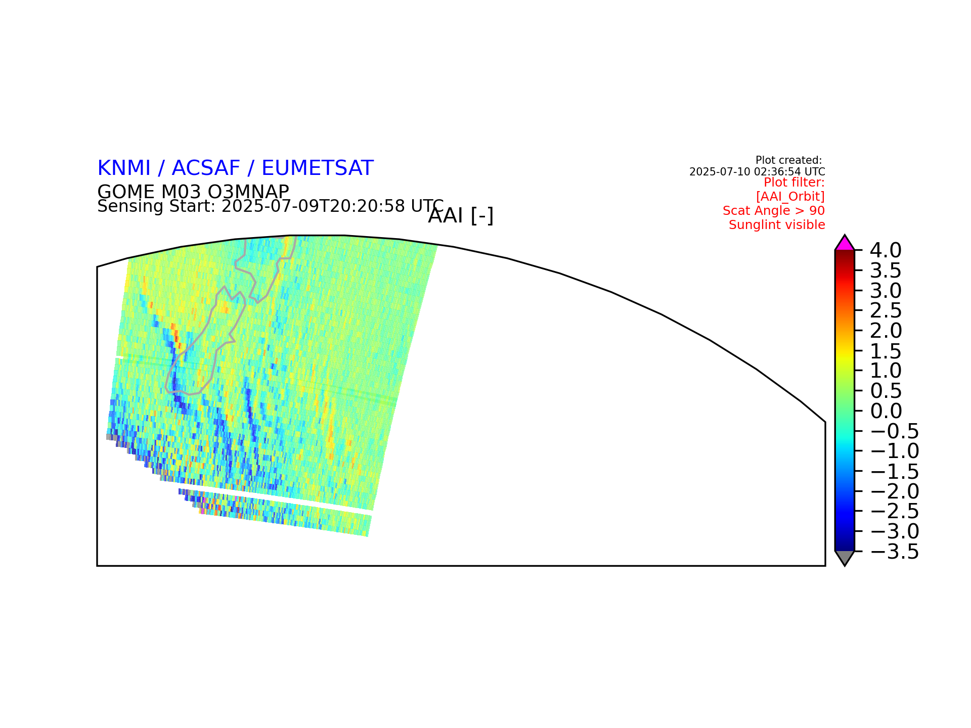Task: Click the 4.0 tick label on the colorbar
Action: pyautogui.click(x=886, y=250)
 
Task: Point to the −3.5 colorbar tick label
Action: pyautogui.click(x=894, y=552)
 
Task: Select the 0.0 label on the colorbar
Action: pyautogui.click(x=886, y=411)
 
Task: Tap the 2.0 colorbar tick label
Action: pyautogui.click(x=886, y=331)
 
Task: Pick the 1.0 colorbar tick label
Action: pyautogui.click(x=886, y=371)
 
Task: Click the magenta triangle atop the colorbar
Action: pyautogui.click(x=845, y=244)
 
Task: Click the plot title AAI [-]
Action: pyautogui.click(x=461, y=216)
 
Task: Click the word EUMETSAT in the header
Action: pyautogui.click(x=318, y=168)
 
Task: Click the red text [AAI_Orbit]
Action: pyautogui.click(x=790, y=196)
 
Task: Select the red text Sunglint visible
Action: pyautogui.click(x=777, y=225)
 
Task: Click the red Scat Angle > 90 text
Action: pyautogui.click(x=774, y=211)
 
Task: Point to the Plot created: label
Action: pyautogui.click(x=789, y=160)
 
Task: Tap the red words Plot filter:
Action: pyautogui.click(x=794, y=183)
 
